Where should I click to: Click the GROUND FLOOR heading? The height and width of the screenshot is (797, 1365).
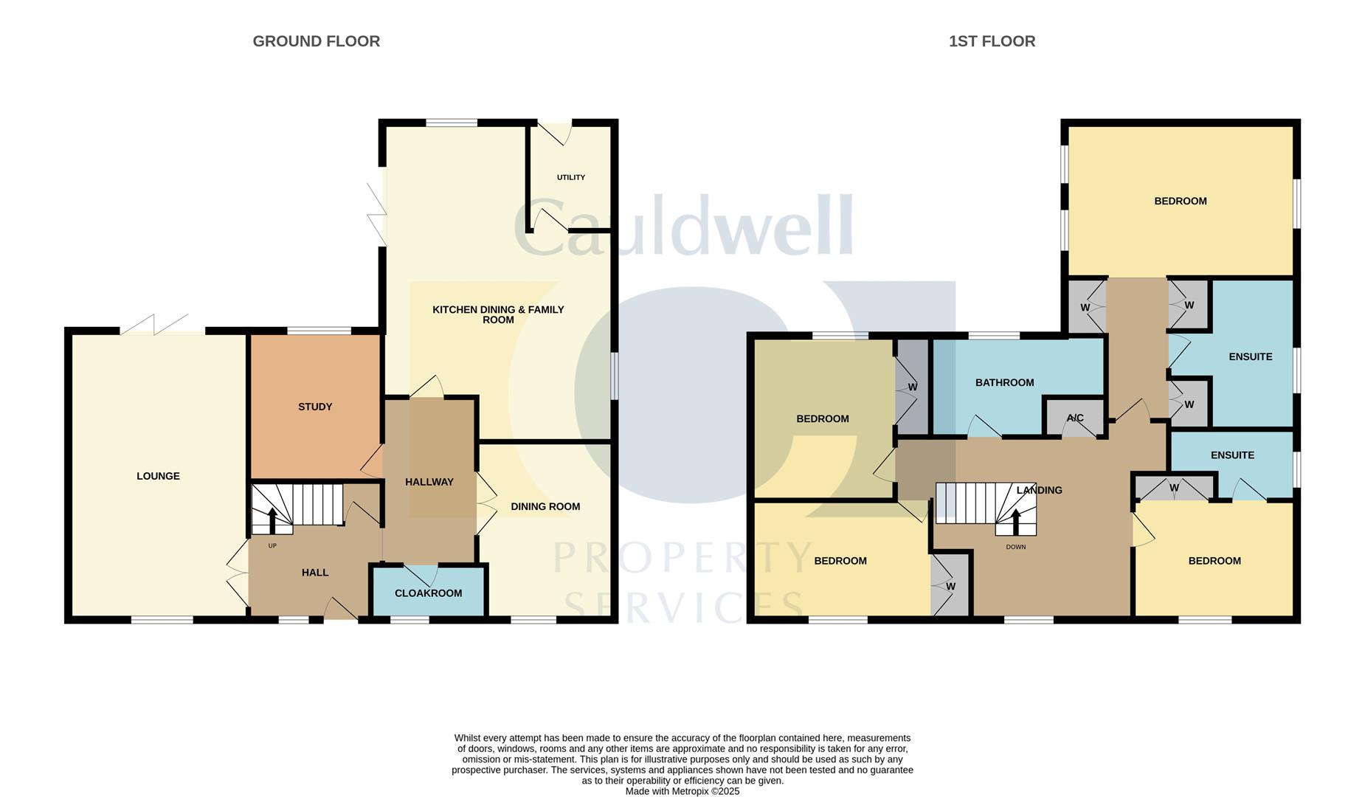click(x=316, y=41)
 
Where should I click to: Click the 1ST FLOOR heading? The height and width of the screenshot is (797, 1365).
click(x=992, y=41)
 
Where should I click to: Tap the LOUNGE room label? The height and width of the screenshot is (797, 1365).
click(x=158, y=476)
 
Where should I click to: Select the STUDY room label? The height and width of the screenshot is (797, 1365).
click(x=315, y=407)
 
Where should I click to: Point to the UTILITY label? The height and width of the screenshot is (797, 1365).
click(x=571, y=177)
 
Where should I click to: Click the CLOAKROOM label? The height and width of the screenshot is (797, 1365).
click(x=428, y=593)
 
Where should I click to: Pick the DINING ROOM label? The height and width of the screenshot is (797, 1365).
click(x=545, y=506)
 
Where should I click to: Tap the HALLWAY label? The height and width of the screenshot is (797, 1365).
click(x=429, y=482)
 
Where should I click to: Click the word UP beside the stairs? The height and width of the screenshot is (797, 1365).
click(x=272, y=546)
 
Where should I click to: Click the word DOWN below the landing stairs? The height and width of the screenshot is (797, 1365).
click(x=1016, y=547)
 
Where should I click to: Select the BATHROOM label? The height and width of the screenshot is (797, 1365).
click(x=1004, y=382)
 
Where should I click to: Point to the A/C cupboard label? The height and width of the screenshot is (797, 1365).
click(x=1075, y=418)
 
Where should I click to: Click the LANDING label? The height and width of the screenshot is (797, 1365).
click(x=1039, y=490)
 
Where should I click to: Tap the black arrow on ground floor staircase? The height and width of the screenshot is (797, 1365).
click(x=272, y=519)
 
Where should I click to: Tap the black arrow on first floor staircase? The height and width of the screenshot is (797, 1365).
click(x=1017, y=520)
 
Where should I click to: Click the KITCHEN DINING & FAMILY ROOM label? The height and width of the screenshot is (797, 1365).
click(x=498, y=314)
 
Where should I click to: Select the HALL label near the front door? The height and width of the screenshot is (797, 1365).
click(x=315, y=573)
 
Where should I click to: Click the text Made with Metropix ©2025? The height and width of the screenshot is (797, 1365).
click(x=682, y=791)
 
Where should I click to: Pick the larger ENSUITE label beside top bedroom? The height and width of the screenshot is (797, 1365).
click(x=1250, y=356)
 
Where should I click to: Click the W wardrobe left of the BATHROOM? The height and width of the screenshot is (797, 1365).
click(x=913, y=387)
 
